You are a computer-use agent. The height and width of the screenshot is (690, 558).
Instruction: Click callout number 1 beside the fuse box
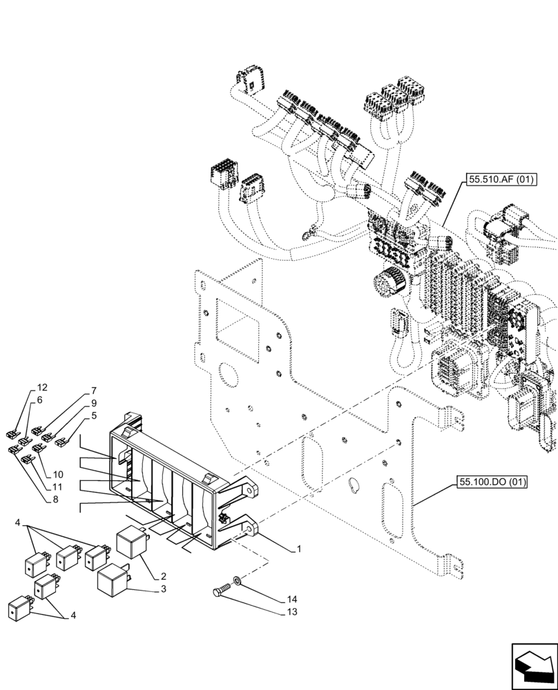pyautogui.click(x=298, y=549)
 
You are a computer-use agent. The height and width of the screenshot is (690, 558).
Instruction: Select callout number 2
pyautogui.click(x=164, y=575)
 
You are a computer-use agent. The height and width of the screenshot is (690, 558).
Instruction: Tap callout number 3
pyautogui.click(x=164, y=589)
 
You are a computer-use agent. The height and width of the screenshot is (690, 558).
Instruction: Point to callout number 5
pyautogui.click(x=94, y=415)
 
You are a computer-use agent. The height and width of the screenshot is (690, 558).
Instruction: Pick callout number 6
pyautogui.click(x=39, y=400)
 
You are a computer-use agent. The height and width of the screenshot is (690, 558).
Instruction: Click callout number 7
pyautogui.click(x=94, y=391)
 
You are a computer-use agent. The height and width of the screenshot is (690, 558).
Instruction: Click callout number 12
pyautogui.click(x=42, y=387)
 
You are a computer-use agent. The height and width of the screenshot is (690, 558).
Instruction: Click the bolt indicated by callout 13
pyautogui.click(x=221, y=590)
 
